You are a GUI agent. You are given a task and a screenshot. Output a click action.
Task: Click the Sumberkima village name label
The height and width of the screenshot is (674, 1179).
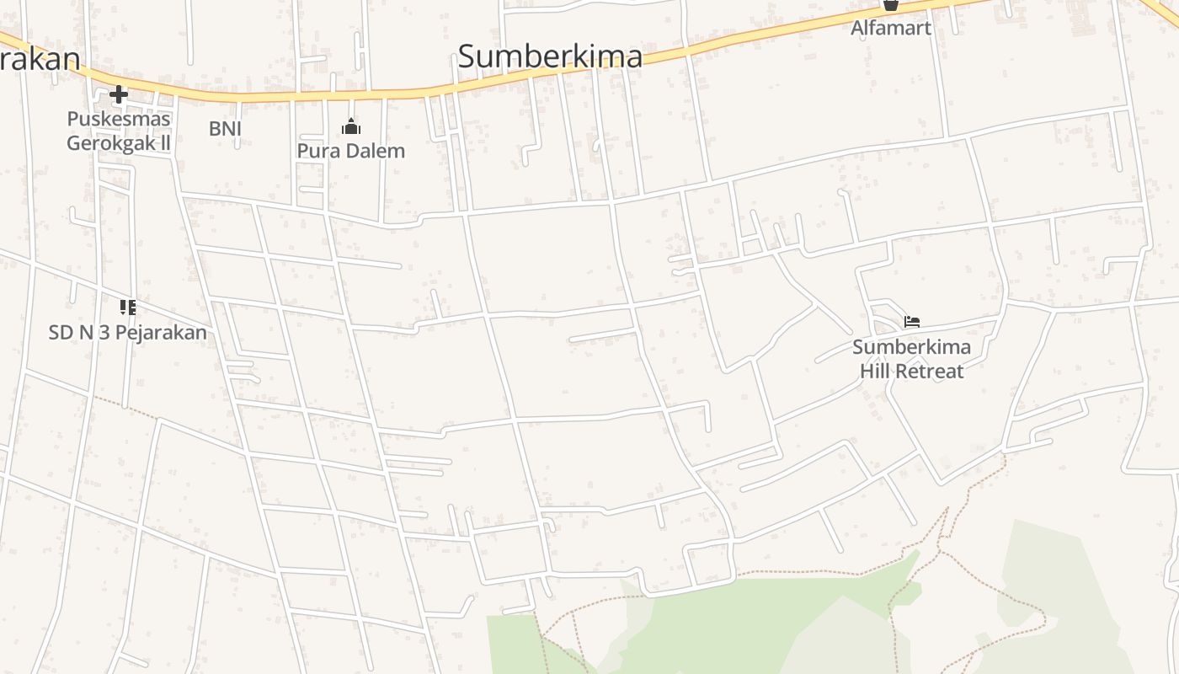[550, 56]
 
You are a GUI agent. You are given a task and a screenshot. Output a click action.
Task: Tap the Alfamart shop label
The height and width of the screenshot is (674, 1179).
[890, 28]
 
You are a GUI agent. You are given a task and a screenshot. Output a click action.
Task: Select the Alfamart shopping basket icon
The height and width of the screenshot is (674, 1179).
[890, 4]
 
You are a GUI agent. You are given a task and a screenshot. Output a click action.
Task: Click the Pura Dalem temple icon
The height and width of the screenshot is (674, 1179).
[351, 127]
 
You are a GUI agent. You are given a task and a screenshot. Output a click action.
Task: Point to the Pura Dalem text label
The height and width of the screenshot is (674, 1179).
[351, 151]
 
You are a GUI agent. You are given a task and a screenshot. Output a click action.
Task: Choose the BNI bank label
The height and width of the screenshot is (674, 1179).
[225, 128]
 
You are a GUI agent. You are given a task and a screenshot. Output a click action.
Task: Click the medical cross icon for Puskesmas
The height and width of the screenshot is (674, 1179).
[119, 94]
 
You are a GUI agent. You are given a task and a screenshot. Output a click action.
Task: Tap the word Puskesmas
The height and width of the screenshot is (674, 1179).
[119, 119]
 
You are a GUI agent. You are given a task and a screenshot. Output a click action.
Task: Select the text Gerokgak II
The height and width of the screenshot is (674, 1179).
[119, 142]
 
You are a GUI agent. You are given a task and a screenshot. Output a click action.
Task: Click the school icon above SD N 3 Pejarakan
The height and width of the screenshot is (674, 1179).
[127, 307]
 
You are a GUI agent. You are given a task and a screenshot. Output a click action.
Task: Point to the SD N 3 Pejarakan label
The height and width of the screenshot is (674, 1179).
[127, 332]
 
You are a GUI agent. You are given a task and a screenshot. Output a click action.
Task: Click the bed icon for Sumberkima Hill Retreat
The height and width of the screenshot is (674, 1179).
[911, 321]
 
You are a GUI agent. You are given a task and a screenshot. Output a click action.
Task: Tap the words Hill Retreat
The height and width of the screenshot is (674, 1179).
[911, 370]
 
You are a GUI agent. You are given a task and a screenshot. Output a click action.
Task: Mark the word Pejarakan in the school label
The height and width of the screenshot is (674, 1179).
[160, 332]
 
